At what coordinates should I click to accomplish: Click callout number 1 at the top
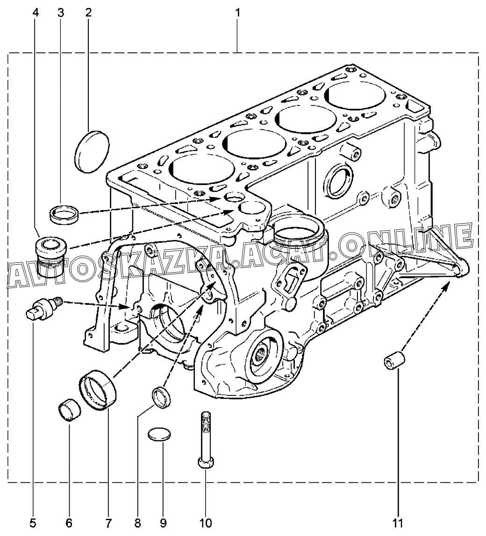(x=237, y=13)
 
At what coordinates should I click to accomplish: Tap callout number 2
(x=88, y=13)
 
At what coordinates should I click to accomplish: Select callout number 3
(x=61, y=13)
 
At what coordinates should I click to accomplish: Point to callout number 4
(x=36, y=13)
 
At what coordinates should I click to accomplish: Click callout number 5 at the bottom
(x=33, y=522)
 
